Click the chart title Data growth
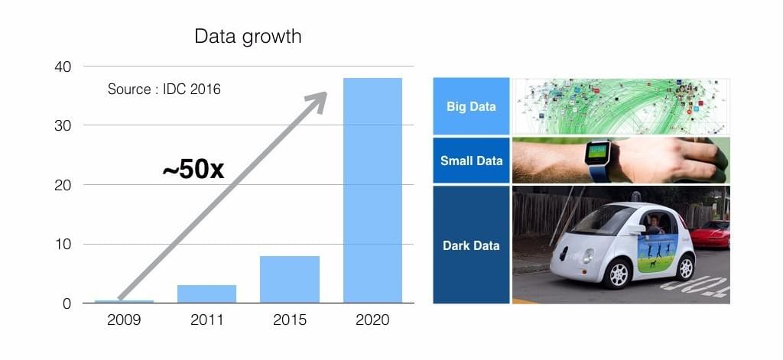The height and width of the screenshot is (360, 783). pyautogui.click(x=248, y=37)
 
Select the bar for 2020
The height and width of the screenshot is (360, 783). pyautogui.click(x=372, y=190)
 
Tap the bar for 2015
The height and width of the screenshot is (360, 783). pyautogui.click(x=290, y=279)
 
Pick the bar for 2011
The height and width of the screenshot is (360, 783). pyautogui.click(x=206, y=294)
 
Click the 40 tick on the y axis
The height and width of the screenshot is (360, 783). pyautogui.click(x=63, y=66)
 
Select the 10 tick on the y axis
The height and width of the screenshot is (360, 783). pyautogui.click(x=63, y=244)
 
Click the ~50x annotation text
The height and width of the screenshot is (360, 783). pyautogui.click(x=193, y=170)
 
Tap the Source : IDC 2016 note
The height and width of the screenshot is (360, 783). pyautogui.click(x=164, y=89)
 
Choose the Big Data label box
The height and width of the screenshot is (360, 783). pyautogui.click(x=471, y=105)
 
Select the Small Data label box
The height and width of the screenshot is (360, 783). pyautogui.click(x=471, y=161)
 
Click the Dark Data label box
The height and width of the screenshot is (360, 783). pyautogui.click(x=471, y=245)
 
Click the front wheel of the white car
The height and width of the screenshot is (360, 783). pyautogui.click(x=618, y=274)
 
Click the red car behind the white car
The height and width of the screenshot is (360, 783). pyautogui.click(x=710, y=234)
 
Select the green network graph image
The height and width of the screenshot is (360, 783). pyautogui.click(x=621, y=105)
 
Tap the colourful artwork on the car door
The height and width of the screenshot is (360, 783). pyautogui.click(x=657, y=253)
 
